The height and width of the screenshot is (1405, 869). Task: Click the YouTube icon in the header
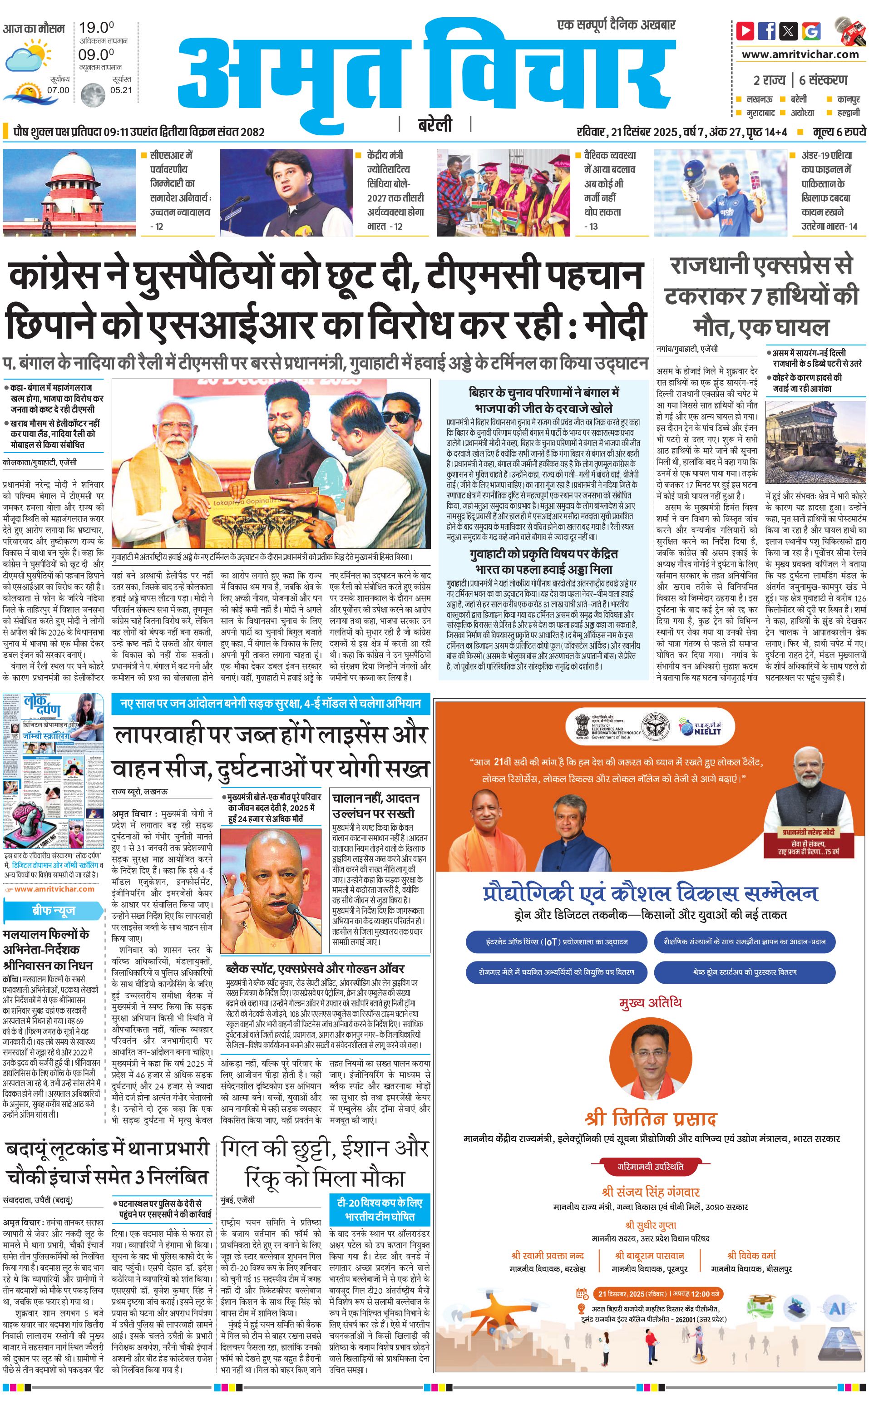[x=745, y=30]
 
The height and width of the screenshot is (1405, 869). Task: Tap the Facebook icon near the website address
[x=767, y=30]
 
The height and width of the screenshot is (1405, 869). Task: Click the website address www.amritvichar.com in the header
[x=800, y=54]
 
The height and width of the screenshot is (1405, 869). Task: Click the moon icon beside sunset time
[x=93, y=95]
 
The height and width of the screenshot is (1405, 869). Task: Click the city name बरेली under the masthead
[x=434, y=124]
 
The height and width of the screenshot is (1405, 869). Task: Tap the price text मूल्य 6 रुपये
[x=839, y=132]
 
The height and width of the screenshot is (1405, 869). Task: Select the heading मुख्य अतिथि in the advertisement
[x=650, y=1003]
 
